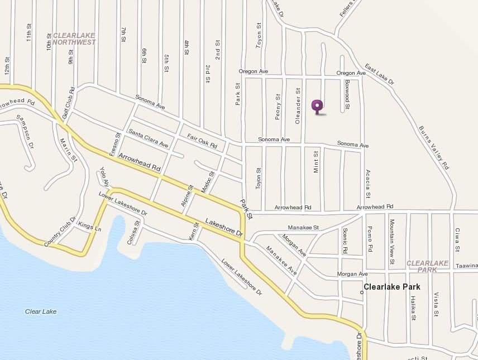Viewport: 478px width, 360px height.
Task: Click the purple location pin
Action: tap(317, 105)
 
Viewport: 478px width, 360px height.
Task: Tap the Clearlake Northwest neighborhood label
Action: tap(74, 39)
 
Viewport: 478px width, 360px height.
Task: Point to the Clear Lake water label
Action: tap(41, 311)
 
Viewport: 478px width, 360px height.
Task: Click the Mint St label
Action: tap(316, 161)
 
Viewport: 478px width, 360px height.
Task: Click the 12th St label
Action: tap(8, 68)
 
